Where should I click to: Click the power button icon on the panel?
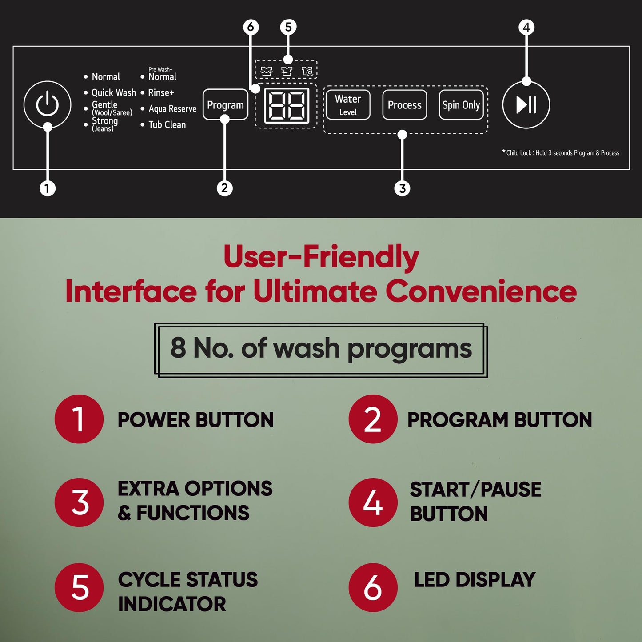click(47, 104)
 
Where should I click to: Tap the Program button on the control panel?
click(225, 104)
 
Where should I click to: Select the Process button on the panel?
click(404, 104)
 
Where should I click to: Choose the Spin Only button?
click(461, 104)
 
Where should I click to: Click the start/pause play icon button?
click(526, 104)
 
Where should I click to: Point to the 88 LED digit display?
click(287, 106)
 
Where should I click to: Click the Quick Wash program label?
click(114, 92)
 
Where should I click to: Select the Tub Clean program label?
click(167, 124)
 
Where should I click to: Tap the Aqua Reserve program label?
click(172, 108)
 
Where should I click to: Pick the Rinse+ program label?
click(161, 92)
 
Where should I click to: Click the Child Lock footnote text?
click(561, 152)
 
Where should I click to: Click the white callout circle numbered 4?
click(526, 27)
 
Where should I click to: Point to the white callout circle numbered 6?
click(251, 27)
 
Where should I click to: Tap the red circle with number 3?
click(79, 502)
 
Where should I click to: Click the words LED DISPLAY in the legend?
click(475, 580)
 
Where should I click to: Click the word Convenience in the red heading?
click(481, 291)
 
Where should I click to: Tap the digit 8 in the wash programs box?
click(178, 347)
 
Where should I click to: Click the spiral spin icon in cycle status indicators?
click(307, 71)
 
